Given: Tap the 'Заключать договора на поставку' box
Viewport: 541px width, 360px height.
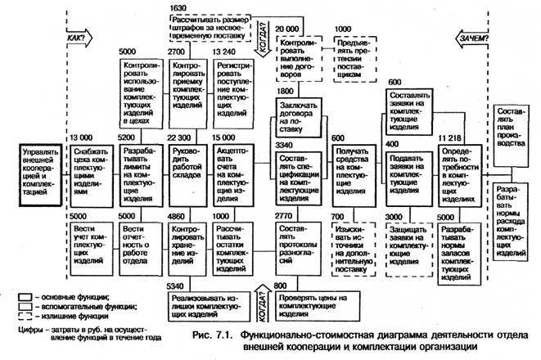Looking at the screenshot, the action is pyautogui.click(x=297, y=116).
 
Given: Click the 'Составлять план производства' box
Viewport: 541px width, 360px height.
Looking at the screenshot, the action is pyautogui.click(x=513, y=131).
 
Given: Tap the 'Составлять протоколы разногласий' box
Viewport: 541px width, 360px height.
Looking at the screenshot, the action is pyautogui.click(x=297, y=243).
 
